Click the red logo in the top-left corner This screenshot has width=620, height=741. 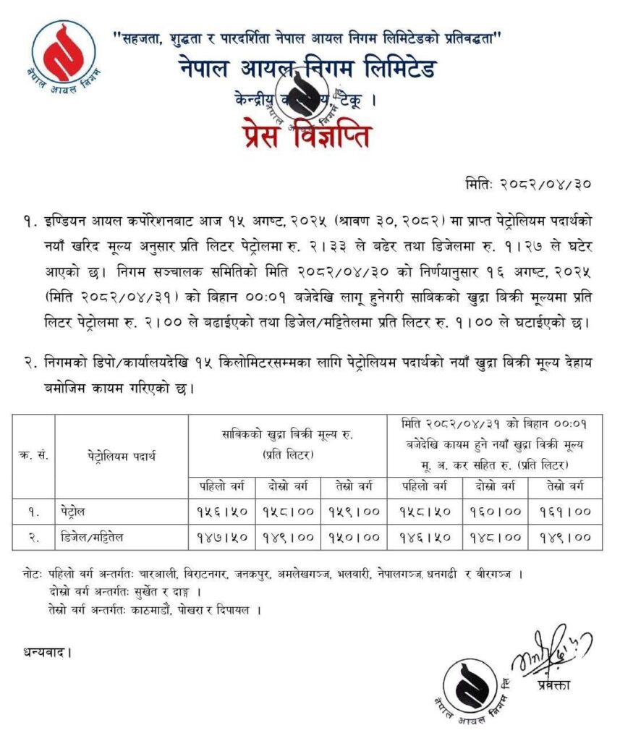[64, 54]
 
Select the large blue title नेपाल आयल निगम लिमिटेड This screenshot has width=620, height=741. [307, 70]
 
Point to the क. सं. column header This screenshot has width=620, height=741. [33, 456]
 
